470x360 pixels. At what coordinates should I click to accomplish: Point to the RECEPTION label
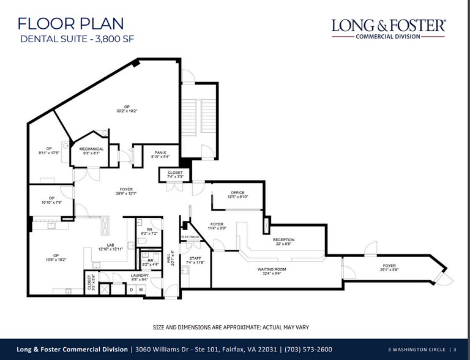pyautogui.click(x=283, y=239)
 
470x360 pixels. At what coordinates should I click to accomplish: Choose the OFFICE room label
pyautogui.click(x=237, y=193)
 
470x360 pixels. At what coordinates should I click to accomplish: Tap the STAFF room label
pyautogui.click(x=194, y=259)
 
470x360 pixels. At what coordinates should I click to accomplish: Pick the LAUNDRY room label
pyautogui.click(x=141, y=276)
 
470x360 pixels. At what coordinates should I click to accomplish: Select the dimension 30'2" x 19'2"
pyautogui.click(x=127, y=111)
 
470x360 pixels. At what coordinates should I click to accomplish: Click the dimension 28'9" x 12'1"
pyautogui.click(x=127, y=194)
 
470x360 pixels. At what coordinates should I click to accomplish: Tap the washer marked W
pyautogui.click(x=141, y=289)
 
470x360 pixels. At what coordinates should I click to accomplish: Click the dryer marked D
pyautogui.click(x=131, y=289)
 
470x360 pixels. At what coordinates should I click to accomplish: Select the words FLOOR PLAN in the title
pyautogui.click(x=71, y=24)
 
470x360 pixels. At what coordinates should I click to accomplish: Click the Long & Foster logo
pyautogui.click(x=389, y=28)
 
